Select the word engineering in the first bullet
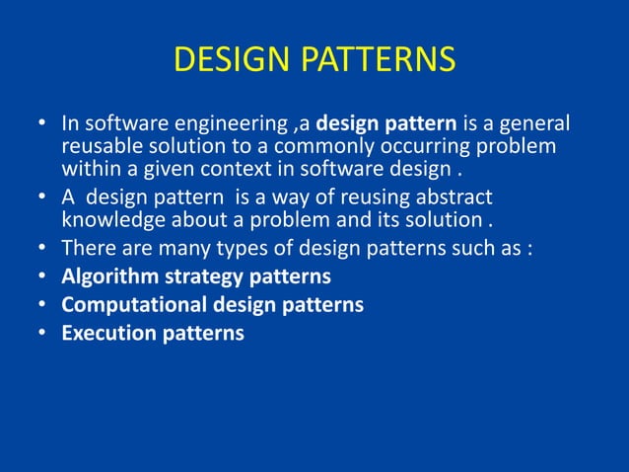click(x=218, y=125)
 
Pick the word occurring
click(x=441, y=146)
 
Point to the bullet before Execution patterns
click(x=42, y=333)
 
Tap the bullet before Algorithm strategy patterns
click(x=42, y=275)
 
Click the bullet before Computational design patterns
click(x=42, y=304)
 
